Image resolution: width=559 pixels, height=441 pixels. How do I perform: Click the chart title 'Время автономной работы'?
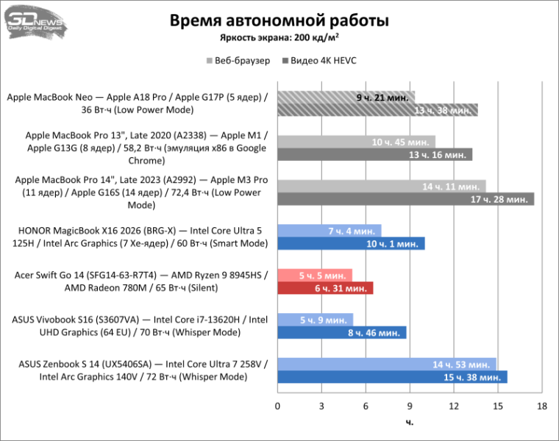[279, 21]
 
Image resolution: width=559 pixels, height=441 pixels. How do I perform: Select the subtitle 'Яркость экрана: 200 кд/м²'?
[279, 39]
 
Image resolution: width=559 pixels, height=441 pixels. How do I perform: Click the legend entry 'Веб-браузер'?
[238, 61]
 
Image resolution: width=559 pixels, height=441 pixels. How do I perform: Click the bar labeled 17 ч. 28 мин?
[405, 199]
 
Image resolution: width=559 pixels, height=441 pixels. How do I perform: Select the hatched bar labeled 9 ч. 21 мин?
[346, 97]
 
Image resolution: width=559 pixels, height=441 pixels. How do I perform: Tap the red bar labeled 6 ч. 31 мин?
[325, 288]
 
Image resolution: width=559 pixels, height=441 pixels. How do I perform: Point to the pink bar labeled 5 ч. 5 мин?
[315, 276]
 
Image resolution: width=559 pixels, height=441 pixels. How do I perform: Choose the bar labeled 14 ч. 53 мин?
[387, 365]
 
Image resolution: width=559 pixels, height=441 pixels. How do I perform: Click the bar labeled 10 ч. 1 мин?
[351, 244]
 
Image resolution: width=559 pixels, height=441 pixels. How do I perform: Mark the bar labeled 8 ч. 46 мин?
[341, 333]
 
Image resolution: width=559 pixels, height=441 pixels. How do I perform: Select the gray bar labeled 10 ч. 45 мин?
[356, 141]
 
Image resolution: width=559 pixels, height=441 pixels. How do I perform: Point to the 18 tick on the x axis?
[542, 406]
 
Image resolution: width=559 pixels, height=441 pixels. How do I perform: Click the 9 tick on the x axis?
[410, 406]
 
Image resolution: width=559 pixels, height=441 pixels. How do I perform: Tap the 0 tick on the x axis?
[278, 406]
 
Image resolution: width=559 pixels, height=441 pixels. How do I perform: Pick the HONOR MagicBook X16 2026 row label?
[140, 237]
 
